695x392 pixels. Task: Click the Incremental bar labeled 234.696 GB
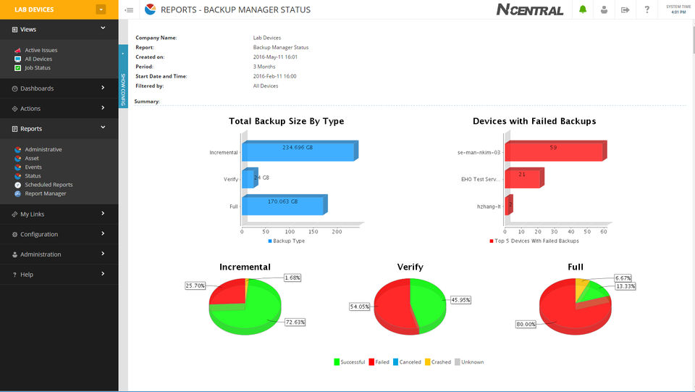click(298, 151)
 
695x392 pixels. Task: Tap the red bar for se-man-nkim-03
click(553, 151)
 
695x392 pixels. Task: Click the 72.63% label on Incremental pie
click(295, 322)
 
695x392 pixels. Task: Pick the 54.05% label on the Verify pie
click(361, 306)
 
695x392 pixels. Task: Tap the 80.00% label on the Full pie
click(526, 323)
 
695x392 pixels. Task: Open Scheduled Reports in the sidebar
click(49, 185)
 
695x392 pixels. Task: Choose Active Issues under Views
click(41, 50)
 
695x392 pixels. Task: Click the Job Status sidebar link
click(38, 68)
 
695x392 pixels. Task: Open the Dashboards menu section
click(37, 88)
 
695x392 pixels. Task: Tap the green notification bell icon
click(583, 10)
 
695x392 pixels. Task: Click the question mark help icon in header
click(646, 10)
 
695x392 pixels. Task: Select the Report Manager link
click(46, 193)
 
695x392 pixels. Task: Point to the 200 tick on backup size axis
click(337, 232)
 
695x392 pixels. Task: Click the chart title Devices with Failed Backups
click(534, 121)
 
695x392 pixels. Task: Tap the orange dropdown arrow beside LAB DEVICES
click(101, 9)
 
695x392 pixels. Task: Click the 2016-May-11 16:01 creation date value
click(275, 57)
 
